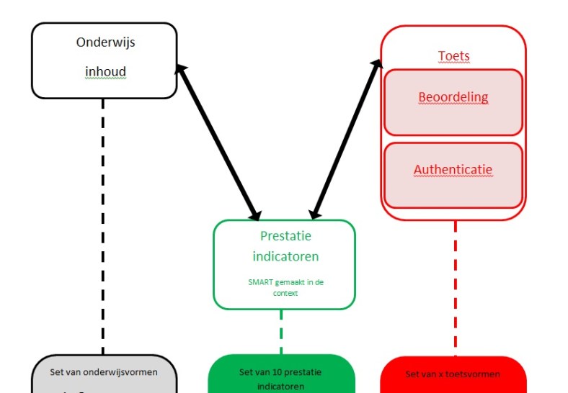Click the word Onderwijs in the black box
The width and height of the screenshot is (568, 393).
(105, 42)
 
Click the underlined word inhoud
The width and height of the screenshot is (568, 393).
(105, 73)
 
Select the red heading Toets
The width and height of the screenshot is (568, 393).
(453, 56)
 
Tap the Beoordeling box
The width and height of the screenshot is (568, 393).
(453, 101)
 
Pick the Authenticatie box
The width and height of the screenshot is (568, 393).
(453, 175)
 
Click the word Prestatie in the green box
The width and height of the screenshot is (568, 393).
(285, 235)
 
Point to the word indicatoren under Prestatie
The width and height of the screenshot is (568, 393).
(285, 256)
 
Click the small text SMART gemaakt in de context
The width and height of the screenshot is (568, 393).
(285, 287)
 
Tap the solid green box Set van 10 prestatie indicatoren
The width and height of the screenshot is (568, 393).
(280, 379)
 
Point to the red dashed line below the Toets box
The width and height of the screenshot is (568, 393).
(455, 288)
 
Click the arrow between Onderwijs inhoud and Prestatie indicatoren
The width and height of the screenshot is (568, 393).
(218, 141)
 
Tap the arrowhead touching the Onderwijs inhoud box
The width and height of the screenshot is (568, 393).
(181, 70)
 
